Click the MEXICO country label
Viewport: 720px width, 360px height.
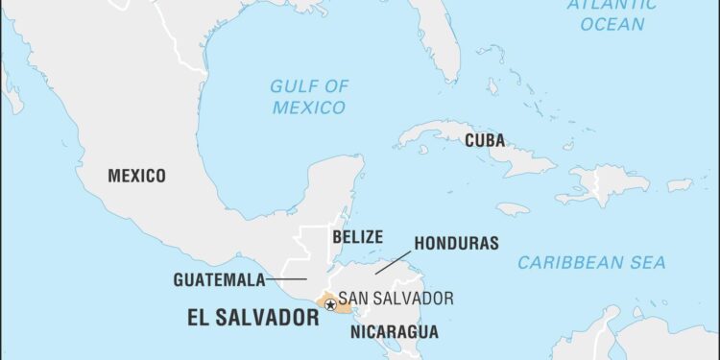pyautogui.click(x=136, y=176)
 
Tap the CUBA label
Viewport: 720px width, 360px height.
pyautogui.click(x=485, y=140)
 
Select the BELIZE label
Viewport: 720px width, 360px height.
pyautogui.click(x=357, y=236)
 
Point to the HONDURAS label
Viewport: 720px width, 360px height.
pyautogui.click(x=456, y=243)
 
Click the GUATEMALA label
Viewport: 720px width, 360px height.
pyautogui.click(x=219, y=280)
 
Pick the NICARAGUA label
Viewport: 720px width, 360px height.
pyautogui.click(x=394, y=332)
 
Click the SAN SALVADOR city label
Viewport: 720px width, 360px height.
pyautogui.click(x=396, y=299)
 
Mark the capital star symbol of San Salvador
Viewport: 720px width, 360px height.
pyautogui.click(x=330, y=305)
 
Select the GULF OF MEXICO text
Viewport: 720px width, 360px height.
pyautogui.click(x=308, y=97)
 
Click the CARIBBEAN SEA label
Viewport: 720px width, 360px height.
pyautogui.click(x=591, y=262)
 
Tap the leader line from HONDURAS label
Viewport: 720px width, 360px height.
pyautogui.click(x=394, y=261)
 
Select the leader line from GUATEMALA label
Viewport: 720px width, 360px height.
pyautogui.click(x=286, y=280)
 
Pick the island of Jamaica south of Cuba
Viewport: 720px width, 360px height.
pyautogui.click(x=514, y=208)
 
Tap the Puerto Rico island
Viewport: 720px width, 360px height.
pyautogui.click(x=680, y=184)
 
